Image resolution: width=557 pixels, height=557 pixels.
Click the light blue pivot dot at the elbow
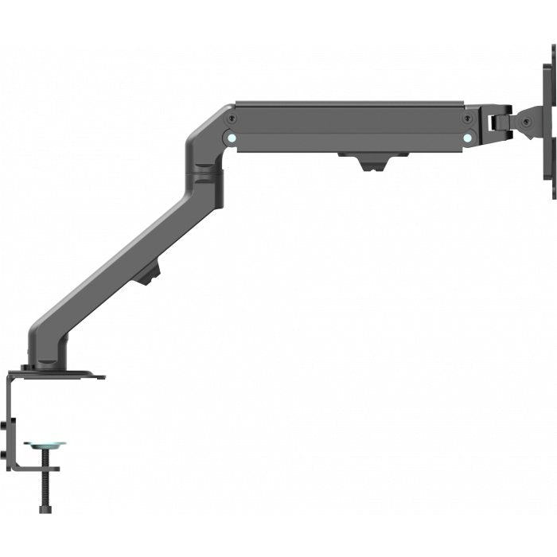[x=231, y=136]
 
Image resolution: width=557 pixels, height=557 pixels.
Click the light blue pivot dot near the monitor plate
[x=468, y=135]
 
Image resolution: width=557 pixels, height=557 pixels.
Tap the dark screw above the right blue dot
[x=468, y=118]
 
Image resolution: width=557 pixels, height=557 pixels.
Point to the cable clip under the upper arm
[x=362, y=162]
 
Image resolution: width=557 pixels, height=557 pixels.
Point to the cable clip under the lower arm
[x=147, y=275]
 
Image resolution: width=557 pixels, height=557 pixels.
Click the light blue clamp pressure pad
[x=45, y=445]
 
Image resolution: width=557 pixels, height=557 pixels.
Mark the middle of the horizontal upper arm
[x=350, y=127]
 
